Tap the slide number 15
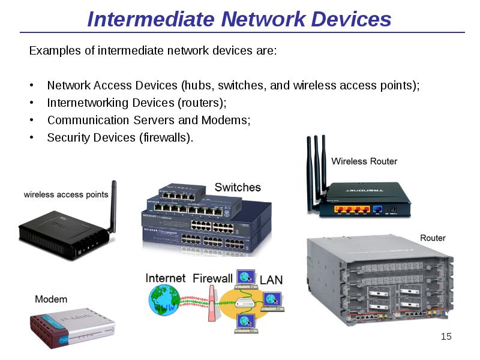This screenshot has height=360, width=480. (446, 336)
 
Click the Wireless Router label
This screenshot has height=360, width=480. (364, 161)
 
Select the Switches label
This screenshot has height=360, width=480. (238, 187)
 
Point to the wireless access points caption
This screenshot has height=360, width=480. (66, 194)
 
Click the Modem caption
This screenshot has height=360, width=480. (51, 299)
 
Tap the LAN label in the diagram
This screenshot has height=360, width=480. (271, 279)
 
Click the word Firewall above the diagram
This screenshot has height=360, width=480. (212, 278)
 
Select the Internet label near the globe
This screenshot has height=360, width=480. (166, 278)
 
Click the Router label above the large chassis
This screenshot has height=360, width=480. (433, 238)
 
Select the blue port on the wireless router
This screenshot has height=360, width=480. (377, 209)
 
